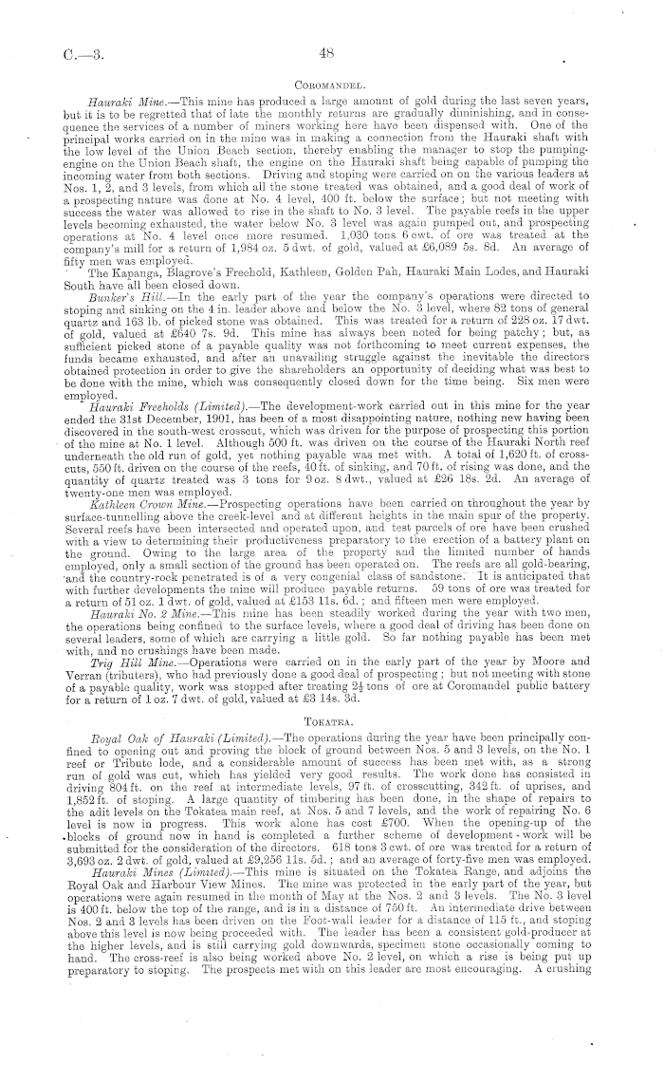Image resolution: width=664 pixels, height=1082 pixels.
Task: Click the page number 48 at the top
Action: click(x=330, y=53)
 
